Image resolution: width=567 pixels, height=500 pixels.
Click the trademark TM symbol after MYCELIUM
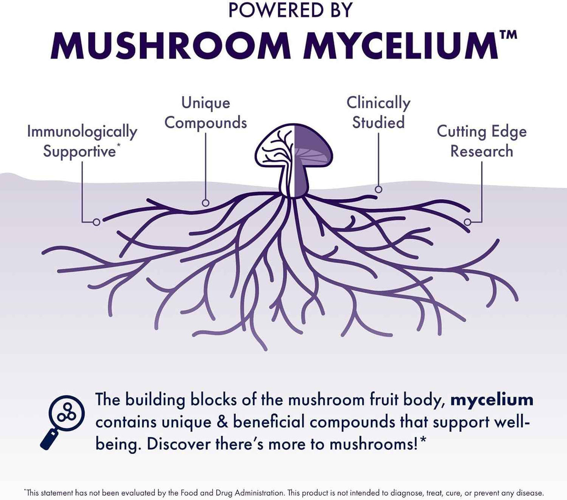pyautogui.click(x=509, y=35)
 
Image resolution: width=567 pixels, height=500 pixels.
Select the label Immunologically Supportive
pyautogui.click(x=82, y=141)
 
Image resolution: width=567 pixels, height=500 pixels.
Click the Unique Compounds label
pyautogui.click(x=206, y=112)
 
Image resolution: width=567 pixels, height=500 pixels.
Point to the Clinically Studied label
pyautogui.click(x=378, y=112)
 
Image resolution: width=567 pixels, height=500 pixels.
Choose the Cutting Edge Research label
pyautogui.click(x=481, y=141)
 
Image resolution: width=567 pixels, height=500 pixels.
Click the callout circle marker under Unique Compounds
pyautogui.click(x=205, y=203)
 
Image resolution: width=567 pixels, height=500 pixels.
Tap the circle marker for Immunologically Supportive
pyautogui.click(x=97, y=222)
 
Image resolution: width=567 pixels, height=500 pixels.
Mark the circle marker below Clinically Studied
pyautogui.click(x=378, y=189)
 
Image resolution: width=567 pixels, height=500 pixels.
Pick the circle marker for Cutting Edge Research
pyautogui.click(x=467, y=222)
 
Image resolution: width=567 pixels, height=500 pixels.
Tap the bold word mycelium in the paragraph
pyautogui.click(x=492, y=400)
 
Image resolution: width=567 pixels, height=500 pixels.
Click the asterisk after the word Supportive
pyautogui.click(x=118, y=147)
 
